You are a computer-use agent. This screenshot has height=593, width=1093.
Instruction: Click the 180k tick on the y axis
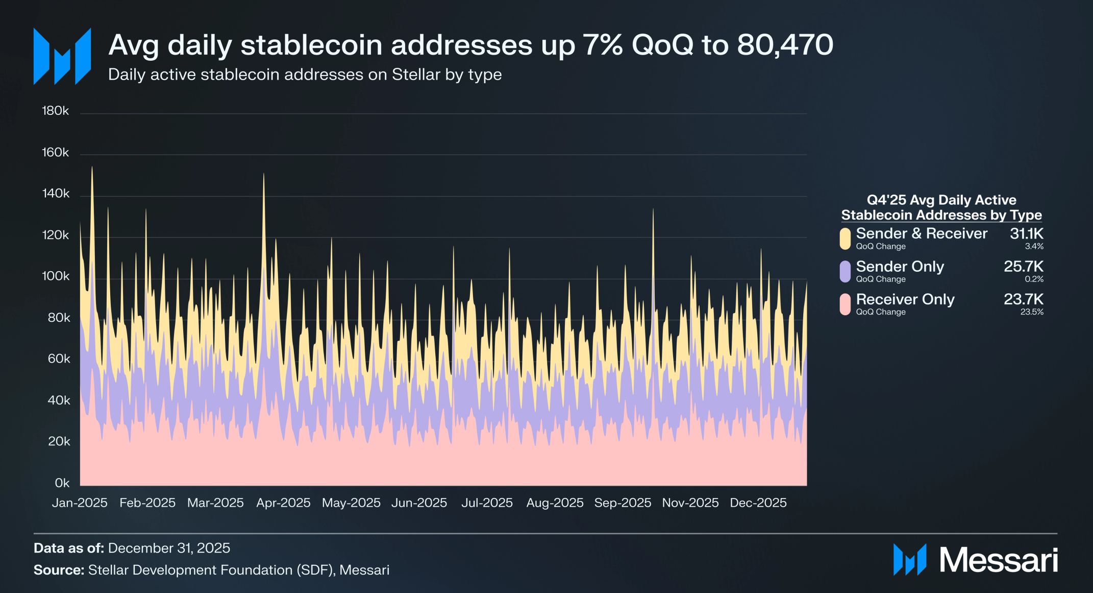[55, 111]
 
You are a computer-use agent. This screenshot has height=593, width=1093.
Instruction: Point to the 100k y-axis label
[56, 276]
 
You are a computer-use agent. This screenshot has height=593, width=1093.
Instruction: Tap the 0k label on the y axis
[62, 483]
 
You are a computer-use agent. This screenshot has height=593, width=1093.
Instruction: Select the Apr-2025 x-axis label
[283, 503]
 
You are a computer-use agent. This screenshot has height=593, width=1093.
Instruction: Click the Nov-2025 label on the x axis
[690, 503]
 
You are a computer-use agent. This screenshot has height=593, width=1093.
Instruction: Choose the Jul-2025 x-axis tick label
[487, 503]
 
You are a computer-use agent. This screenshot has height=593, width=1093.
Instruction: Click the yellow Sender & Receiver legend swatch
[845, 239]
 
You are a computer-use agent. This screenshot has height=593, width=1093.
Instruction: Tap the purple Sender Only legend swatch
[845, 271]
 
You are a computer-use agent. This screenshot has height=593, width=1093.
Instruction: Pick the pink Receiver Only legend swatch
[845, 304]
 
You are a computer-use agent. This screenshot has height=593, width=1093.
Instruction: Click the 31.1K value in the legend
[1026, 234]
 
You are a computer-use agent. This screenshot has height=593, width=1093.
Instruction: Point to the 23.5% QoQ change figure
[1031, 312]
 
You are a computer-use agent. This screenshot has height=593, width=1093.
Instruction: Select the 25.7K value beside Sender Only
[1023, 267]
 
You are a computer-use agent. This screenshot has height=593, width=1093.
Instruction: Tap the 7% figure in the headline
[602, 45]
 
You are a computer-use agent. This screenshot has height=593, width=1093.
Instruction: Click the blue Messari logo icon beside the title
[62, 56]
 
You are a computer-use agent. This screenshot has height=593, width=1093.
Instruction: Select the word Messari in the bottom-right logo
[998, 560]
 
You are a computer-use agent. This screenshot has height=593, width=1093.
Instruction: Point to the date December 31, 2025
[169, 548]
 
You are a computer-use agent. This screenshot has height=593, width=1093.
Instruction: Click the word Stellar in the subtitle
[416, 75]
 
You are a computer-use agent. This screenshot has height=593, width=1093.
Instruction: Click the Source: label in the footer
[59, 570]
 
